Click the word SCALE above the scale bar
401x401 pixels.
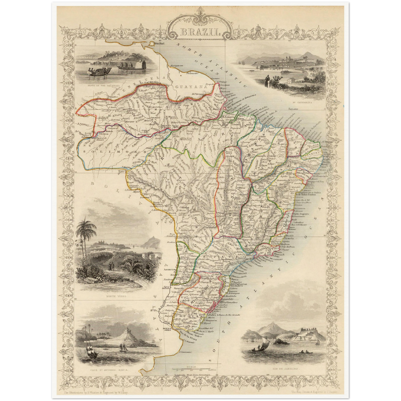(x=191, y=367)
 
